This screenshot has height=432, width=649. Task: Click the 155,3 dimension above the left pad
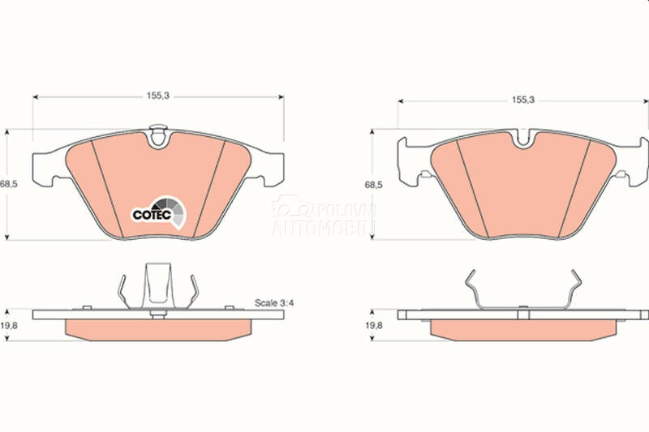[158, 96]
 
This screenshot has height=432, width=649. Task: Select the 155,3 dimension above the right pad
[523, 100]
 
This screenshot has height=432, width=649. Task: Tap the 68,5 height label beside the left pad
[9, 184]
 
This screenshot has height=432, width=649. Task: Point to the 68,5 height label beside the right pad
[373, 185]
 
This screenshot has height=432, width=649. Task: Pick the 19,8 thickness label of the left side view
[9, 325]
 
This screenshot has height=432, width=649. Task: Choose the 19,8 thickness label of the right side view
[374, 325]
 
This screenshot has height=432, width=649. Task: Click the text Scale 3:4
[274, 302]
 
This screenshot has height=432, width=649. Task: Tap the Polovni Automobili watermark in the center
[323, 216]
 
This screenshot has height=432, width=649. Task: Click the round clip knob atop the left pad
[157, 136]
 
